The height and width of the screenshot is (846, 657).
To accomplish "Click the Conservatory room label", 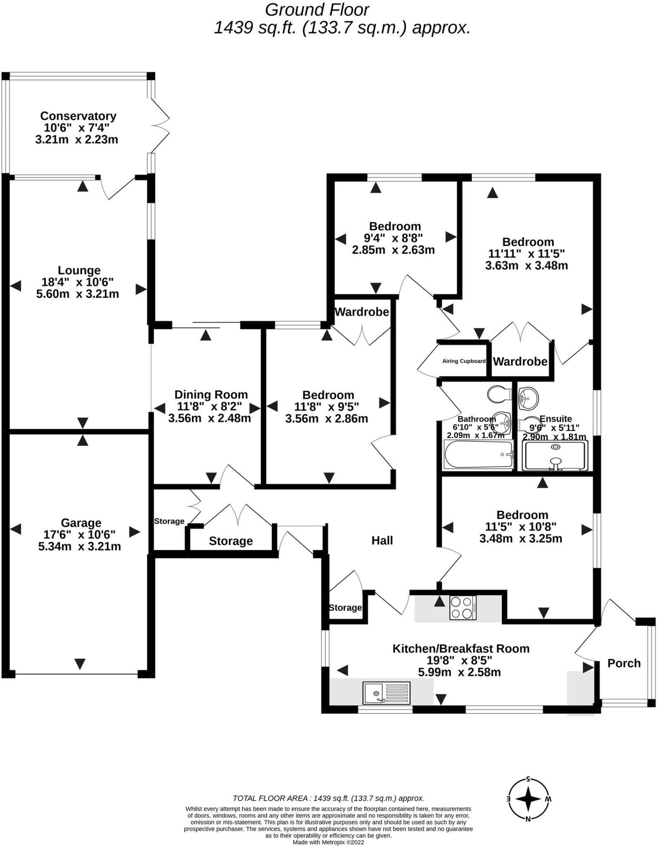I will pyautogui.click(x=78, y=116).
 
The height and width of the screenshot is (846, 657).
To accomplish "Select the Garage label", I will pyautogui.click(x=81, y=523).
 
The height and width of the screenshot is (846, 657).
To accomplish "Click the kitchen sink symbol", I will pyautogui.click(x=387, y=693).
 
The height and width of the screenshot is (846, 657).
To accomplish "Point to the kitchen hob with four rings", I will pyautogui.click(x=463, y=608).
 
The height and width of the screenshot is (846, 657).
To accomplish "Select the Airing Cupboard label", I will pyautogui.click(x=464, y=361).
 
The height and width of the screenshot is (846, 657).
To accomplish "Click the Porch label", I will pyautogui.click(x=624, y=663).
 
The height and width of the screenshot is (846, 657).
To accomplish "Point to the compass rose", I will pyautogui.click(x=528, y=799).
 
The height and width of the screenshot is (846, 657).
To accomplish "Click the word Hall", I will pyautogui.click(x=382, y=540).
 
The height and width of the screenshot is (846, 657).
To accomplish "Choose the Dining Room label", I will pyautogui.click(x=211, y=394).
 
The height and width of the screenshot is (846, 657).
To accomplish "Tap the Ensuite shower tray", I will pyautogui.click(x=555, y=456).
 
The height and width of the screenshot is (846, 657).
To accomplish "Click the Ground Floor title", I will pyautogui.click(x=317, y=10).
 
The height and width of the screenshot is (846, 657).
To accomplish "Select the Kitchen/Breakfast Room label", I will pyautogui.click(x=460, y=649).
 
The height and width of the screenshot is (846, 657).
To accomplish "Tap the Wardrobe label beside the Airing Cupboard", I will pyautogui.click(x=520, y=362).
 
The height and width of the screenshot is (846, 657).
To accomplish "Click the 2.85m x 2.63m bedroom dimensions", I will pyautogui.click(x=393, y=250).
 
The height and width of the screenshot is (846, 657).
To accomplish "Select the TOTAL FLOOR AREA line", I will pyautogui.click(x=328, y=798).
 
